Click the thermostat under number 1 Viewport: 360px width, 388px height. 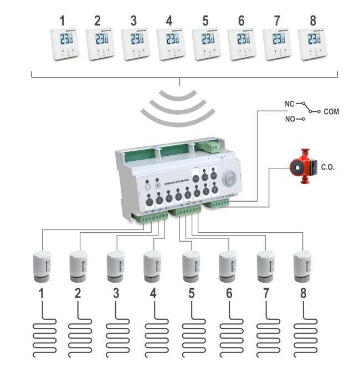click(x=63, y=44)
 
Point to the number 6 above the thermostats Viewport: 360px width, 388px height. click(x=240, y=21)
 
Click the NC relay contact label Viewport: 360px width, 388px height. click(x=289, y=103)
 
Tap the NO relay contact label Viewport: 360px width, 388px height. click(x=289, y=119)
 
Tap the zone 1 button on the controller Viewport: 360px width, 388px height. click(x=150, y=203)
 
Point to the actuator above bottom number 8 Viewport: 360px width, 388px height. click(x=303, y=264)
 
